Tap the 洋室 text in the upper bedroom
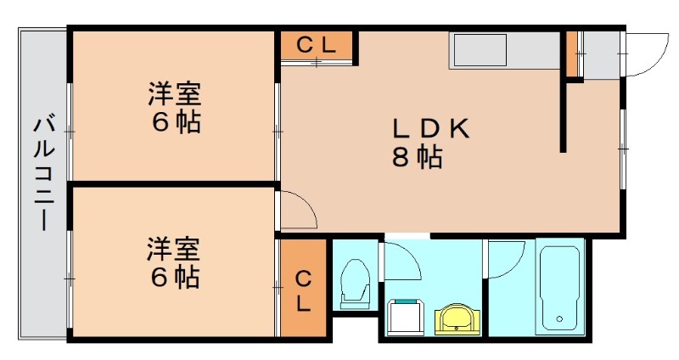click(176, 93)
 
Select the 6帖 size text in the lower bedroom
click(176, 277)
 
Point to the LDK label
click(430, 128)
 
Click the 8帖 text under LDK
click(417, 157)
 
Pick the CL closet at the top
click(317, 46)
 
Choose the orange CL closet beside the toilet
click(303, 289)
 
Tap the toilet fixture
click(354, 284)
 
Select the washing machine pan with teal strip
click(406, 318)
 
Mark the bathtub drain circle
click(558, 320)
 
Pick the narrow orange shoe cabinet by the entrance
click(572, 53)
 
